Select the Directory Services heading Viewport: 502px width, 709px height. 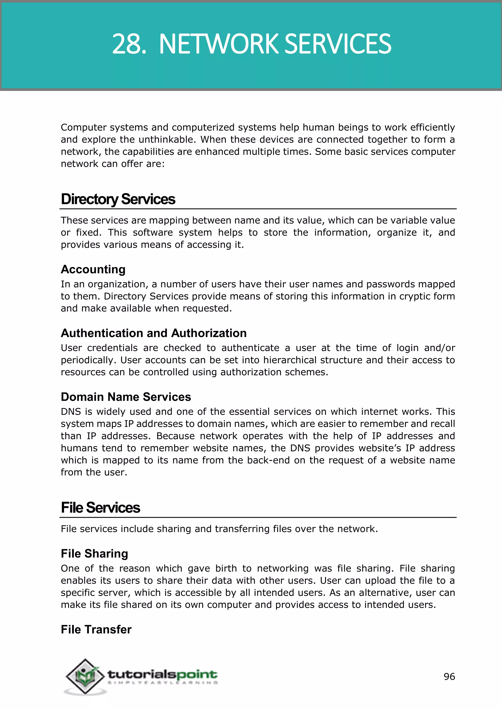coord(118,199)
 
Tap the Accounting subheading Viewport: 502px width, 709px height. coord(93,269)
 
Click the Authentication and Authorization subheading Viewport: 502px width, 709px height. coord(154,333)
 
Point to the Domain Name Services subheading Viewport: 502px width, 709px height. coord(126,397)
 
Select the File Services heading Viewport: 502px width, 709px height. coord(100,508)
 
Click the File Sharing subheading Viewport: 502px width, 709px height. coord(94,554)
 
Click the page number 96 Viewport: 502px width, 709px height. coord(449,677)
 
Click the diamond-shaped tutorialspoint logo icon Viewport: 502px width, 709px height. coord(85,676)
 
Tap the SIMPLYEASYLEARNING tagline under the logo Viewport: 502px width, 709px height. coord(162,683)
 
